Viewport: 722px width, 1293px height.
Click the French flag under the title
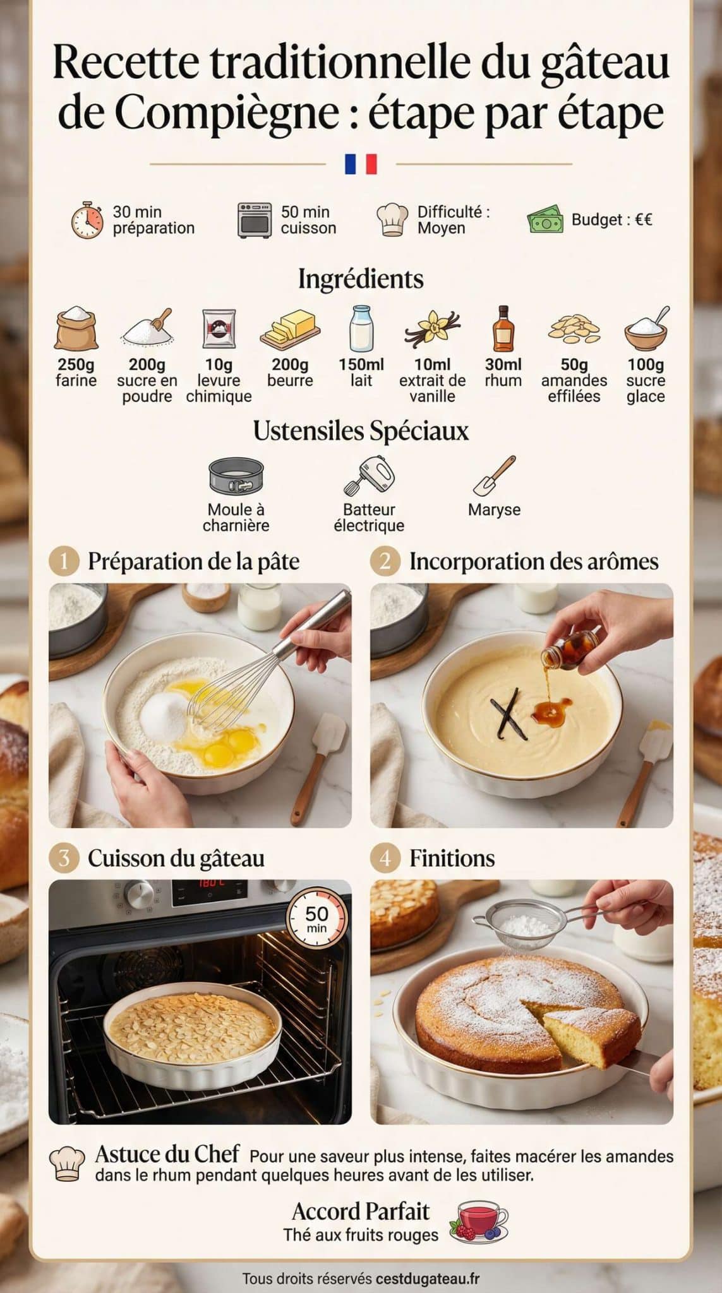coord(361,164)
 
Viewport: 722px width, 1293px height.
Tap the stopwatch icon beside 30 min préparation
coord(87,220)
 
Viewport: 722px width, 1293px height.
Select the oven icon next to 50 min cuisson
coord(254,220)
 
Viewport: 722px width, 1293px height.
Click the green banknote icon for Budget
coord(545,220)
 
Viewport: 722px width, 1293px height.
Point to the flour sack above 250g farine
coord(76,329)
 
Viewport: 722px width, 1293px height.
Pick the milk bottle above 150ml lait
coord(361,328)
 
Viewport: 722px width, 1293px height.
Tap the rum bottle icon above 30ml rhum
coord(503,328)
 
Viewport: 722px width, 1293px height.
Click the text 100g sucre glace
coord(646,380)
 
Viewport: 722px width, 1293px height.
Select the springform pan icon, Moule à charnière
coord(236,476)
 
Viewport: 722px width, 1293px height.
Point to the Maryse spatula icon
coord(495,476)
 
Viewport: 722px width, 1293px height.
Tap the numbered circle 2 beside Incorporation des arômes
coord(385,561)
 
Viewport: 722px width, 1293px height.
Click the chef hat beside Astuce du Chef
coord(66,1164)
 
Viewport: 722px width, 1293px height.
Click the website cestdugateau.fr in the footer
coord(427,1278)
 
